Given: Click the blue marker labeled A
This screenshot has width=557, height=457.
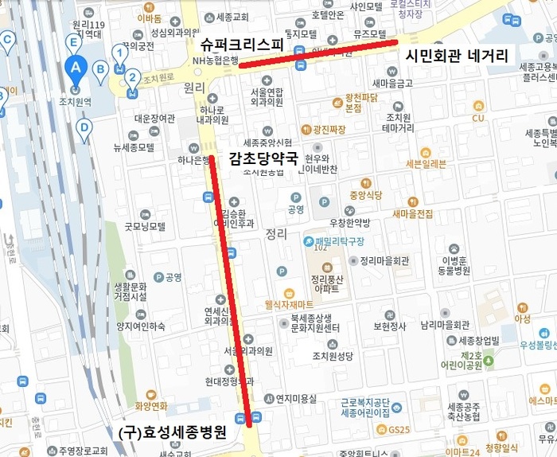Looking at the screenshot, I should (x=76, y=68).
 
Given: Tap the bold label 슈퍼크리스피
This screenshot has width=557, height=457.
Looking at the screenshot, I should (x=242, y=44).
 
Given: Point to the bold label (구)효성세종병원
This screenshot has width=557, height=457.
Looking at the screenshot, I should (x=171, y=432).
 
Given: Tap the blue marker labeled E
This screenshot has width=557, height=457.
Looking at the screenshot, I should (x=73, y=41).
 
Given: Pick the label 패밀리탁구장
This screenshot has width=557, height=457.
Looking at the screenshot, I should (x=338, y=240).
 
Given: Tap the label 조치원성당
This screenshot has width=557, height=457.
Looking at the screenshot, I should (x=333, y=355).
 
